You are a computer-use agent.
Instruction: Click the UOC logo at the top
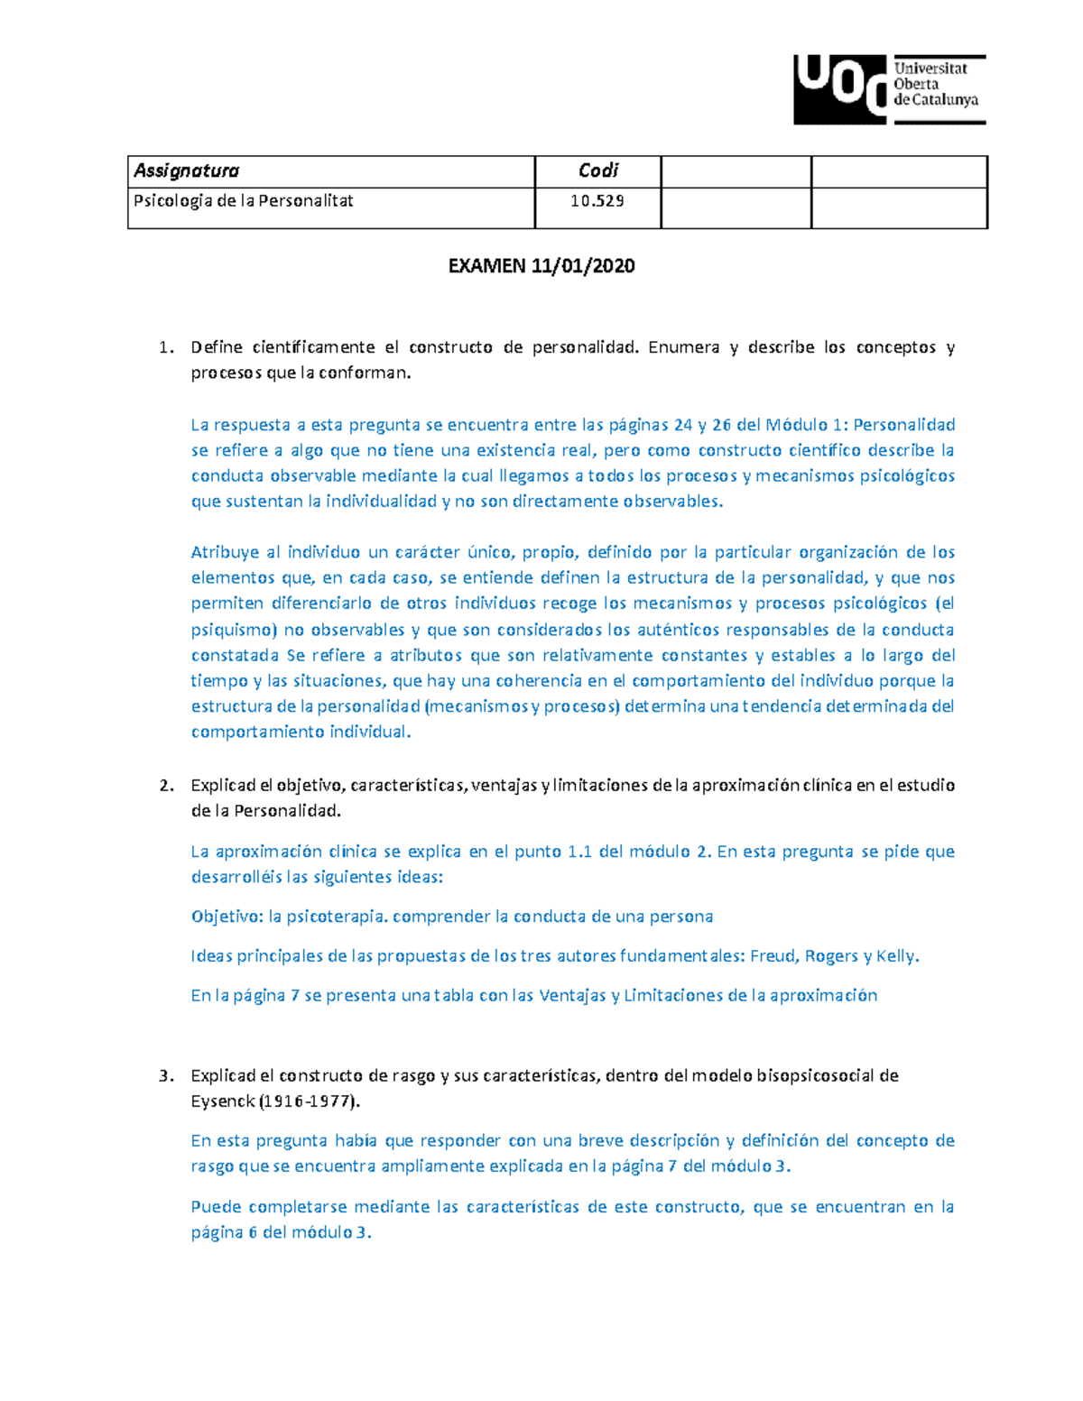click(889, 88)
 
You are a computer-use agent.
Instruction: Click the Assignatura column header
click(187, 171)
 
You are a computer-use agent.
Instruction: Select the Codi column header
click(597, 171)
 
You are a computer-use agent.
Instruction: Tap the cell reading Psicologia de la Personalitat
click(244, 200)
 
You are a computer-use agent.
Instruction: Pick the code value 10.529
click(597, 200)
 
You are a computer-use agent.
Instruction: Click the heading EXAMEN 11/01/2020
click(541, 265)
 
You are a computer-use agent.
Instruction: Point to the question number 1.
click(164, 347)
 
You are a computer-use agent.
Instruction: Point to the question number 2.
click(165, 785)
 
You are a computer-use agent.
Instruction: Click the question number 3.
click(165, 1075)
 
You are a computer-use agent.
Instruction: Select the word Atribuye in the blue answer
click(225, 552)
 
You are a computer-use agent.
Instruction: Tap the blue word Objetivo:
click(227, 917)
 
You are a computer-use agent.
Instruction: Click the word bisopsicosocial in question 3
click(815, 1075)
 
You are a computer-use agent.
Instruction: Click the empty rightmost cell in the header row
click(899, 171)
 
